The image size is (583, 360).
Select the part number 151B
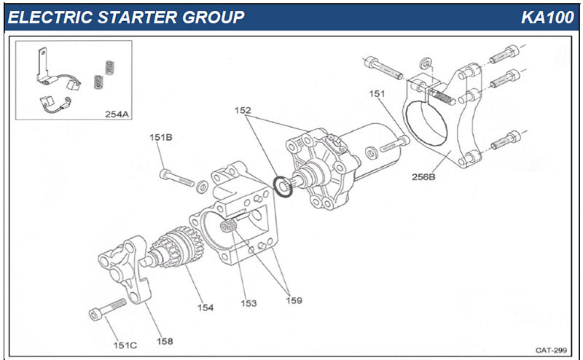[160, 136]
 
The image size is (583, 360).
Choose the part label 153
[249, 303]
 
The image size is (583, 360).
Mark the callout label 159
[293, 300]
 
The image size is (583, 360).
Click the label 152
[242, 111]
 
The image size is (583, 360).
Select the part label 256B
[423, 176]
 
